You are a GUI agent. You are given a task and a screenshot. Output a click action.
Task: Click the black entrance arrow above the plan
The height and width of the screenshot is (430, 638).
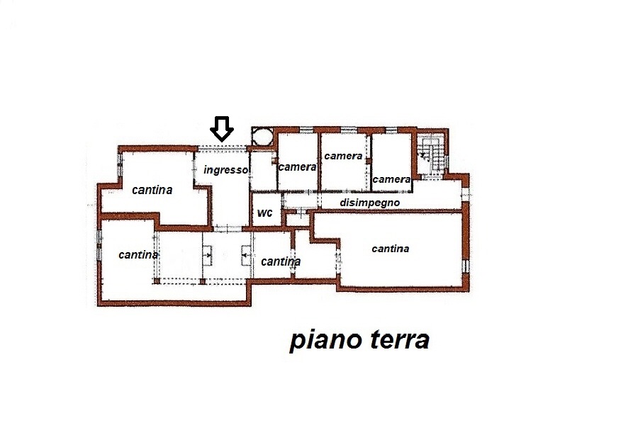click(222, 129)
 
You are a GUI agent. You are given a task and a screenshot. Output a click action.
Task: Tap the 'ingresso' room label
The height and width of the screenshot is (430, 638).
click(226, 170)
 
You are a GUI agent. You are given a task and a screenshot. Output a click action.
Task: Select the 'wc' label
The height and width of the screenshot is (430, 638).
click(264, 213)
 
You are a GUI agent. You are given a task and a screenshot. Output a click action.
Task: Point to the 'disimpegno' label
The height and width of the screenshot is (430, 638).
click(369, 203)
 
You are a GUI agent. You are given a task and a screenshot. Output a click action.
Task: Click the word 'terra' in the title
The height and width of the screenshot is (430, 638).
click(400, 340)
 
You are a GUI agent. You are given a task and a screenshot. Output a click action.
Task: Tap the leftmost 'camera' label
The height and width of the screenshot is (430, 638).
click(298, 166)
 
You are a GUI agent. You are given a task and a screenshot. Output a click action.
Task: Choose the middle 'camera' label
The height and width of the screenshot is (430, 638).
click(343, 156)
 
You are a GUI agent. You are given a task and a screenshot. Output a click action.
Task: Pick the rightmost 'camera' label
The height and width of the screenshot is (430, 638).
click(391, 179)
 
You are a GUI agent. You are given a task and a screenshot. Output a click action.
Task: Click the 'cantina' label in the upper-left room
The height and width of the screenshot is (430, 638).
click(152, 190)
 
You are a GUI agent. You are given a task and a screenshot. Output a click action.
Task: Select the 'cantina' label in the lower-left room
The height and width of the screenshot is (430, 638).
click(138, 255)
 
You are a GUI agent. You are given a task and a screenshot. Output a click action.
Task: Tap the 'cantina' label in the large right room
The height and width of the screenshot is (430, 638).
click(391, 249)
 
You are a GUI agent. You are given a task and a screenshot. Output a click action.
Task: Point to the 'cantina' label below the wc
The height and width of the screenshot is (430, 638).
click(281, 261)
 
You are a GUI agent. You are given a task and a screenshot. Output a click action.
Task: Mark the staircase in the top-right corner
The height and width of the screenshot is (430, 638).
click(431, 154)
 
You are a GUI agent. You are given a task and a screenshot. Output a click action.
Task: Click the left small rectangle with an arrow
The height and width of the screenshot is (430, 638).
click(208, 255)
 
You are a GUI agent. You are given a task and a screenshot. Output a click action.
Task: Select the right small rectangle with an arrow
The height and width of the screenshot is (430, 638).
click(247, 255)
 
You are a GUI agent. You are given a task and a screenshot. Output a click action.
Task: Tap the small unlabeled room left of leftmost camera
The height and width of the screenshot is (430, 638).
click(263, 171)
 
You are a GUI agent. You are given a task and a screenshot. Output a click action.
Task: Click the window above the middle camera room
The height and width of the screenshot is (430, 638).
click(349, 130)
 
